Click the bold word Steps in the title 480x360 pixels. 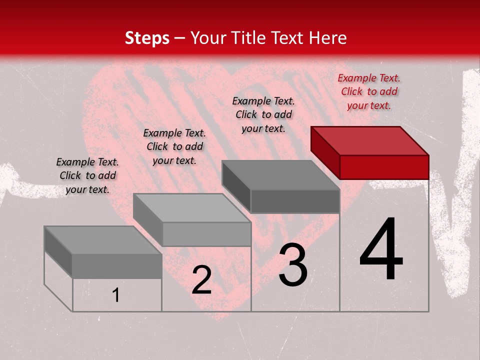tap(147, 38)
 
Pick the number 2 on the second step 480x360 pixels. tap(201, 280)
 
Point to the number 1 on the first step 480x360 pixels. tap(115, 295)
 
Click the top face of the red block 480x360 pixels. tap(370, 140)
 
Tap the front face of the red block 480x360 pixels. tap(384, 167)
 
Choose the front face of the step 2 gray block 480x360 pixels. tap(206, 234)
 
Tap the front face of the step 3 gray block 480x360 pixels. tap(295, 201)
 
